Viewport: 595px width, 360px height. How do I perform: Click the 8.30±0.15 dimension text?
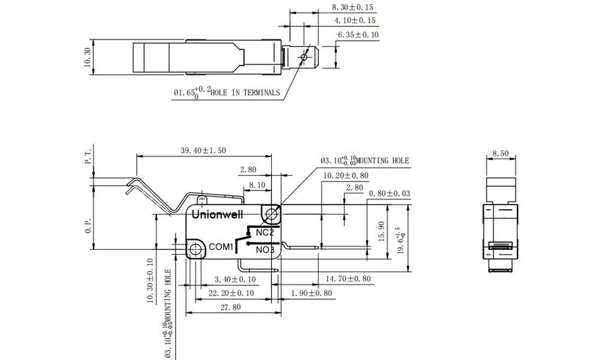tap(352, 8)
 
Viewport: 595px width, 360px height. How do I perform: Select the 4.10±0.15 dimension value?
tap(352, 21)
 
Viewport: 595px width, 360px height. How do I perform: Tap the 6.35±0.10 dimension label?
tap(358, 35)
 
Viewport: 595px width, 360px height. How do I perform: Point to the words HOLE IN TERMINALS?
tap(245, 92)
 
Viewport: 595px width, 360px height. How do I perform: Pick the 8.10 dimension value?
tap(257, 185)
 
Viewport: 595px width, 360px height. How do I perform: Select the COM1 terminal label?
tap(221, 246)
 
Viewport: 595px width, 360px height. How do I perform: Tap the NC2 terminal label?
tap(266, 233)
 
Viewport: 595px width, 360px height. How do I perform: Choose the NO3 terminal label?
tap(266, 249)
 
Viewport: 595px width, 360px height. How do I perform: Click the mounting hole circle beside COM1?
tap(196, 247)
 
